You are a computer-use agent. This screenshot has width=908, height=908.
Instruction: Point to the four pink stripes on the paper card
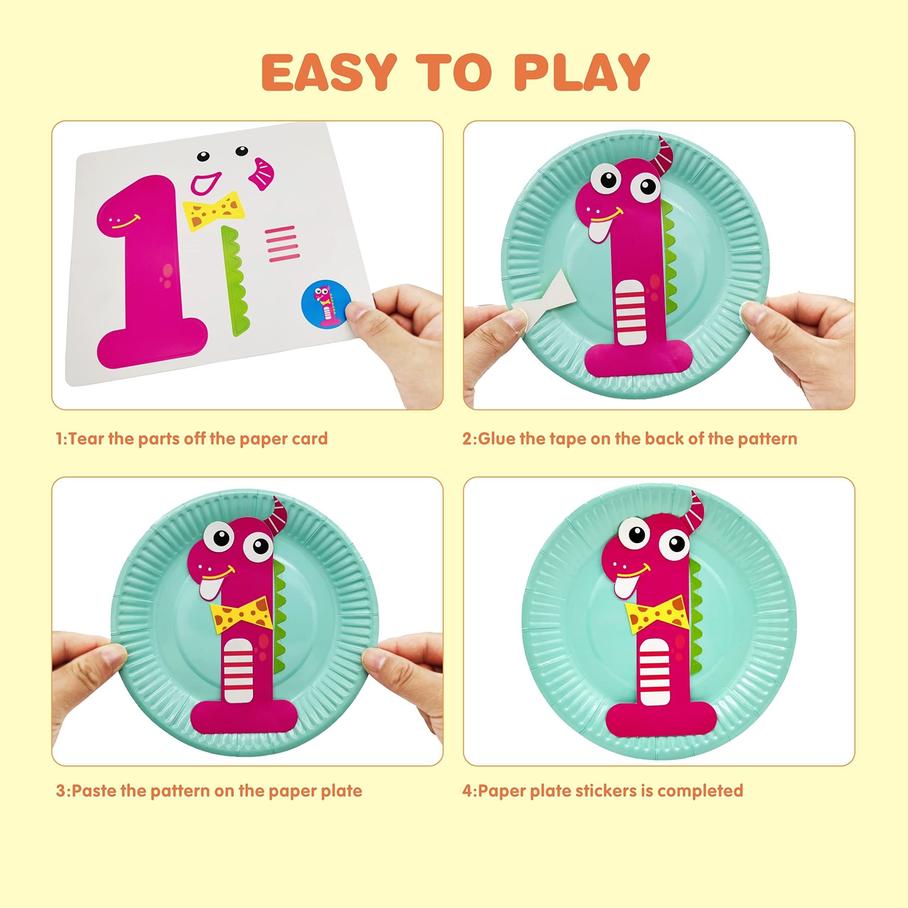pyautogui.click(x=282, y=243)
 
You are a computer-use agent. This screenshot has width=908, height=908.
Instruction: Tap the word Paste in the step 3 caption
pyautogui.click(x=94, y=791)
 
